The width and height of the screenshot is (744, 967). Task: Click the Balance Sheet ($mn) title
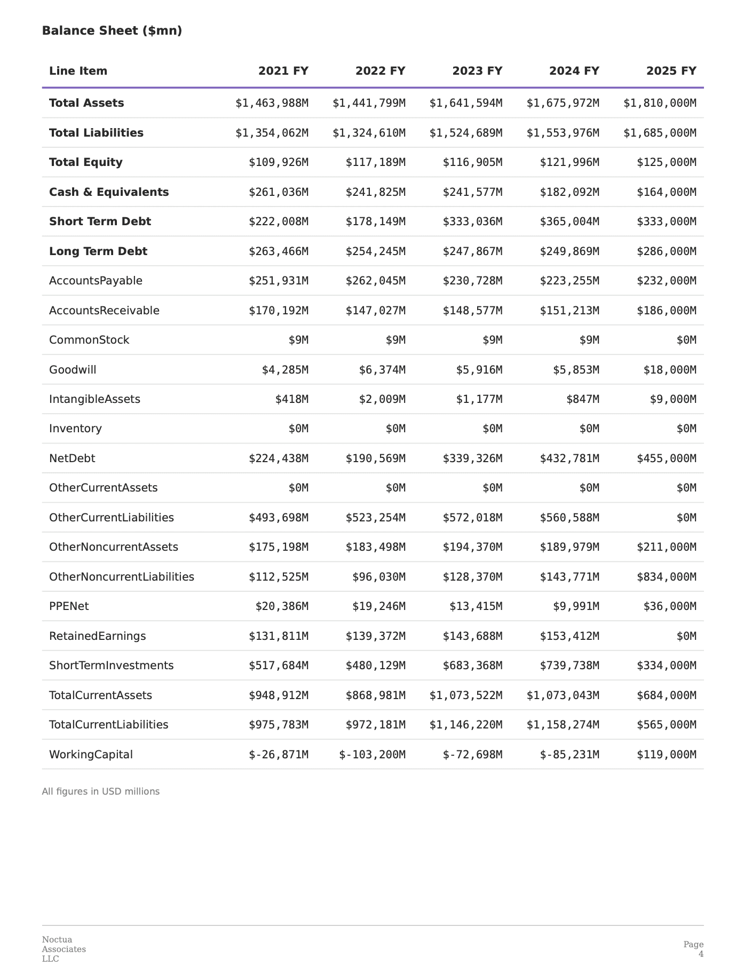112,31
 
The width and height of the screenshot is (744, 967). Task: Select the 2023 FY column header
477,71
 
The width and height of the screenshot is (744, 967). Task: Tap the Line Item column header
78,71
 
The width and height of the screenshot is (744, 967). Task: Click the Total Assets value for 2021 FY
272,103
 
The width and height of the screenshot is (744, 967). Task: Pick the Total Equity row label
86,162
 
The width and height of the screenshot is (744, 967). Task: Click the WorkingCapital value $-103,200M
373,755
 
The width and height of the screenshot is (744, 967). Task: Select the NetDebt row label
72,458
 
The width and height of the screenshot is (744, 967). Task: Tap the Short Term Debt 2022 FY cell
375,221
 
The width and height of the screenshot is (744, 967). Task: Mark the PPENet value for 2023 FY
472,606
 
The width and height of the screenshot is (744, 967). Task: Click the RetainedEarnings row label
97,636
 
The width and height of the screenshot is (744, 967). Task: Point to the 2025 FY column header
671,71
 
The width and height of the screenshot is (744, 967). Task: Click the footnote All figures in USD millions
101,791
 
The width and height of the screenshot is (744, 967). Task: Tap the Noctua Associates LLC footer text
64,949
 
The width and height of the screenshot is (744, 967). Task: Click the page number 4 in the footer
701,954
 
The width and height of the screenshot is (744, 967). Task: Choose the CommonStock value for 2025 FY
686,340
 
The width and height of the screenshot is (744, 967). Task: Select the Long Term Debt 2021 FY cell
278,251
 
